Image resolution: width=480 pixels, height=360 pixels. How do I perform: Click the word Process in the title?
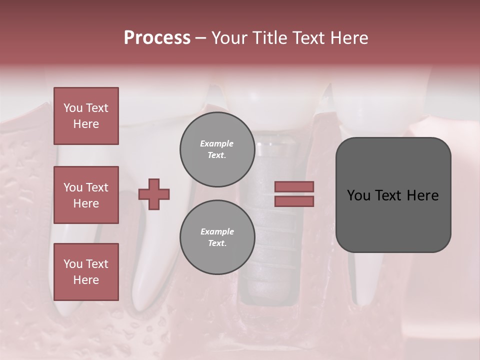coord(157,38)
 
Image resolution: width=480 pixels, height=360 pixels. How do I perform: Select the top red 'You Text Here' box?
coord(86,116)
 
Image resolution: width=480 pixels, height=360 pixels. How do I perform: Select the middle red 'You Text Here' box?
coord(86,195)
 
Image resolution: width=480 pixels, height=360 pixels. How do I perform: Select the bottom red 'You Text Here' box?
coord(86,272)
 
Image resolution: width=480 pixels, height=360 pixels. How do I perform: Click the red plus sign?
coord(154,194)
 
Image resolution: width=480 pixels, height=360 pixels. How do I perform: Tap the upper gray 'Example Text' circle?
coord(217,149)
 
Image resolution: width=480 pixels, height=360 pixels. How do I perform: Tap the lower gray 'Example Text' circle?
coord(217,237)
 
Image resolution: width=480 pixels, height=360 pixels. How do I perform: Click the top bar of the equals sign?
coord(294,186)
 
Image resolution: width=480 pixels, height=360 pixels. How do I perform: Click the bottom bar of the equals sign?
coord(294,201)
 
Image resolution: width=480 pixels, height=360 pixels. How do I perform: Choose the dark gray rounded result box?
coord(393,195)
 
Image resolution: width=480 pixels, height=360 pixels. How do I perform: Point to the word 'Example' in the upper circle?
coord(217,143)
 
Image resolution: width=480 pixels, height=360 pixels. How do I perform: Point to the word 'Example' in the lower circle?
coord(217,231)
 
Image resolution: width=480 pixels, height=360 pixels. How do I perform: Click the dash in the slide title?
coord(200,38)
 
